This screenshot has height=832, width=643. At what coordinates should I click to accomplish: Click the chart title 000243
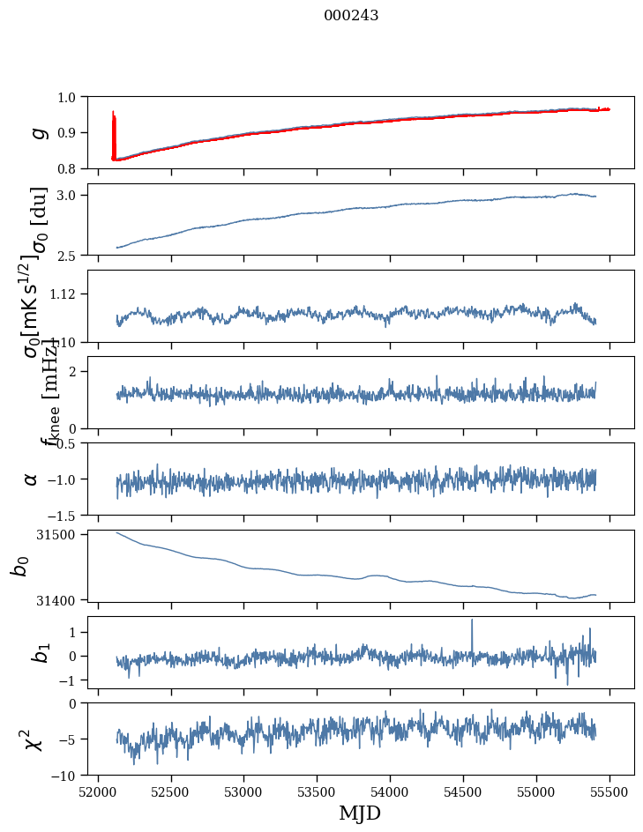click(351, 16)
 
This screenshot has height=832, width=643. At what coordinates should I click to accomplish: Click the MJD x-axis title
click(360, 813)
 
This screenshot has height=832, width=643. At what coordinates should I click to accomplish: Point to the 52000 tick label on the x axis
click(98, 791)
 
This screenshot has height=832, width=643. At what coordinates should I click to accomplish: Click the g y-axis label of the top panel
click(37, 132)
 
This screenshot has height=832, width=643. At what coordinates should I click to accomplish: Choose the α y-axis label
click(32, 479)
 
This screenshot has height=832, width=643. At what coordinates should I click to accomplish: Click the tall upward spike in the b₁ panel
click(472, 621)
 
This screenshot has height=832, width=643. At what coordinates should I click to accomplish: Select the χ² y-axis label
click(34, 739)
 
